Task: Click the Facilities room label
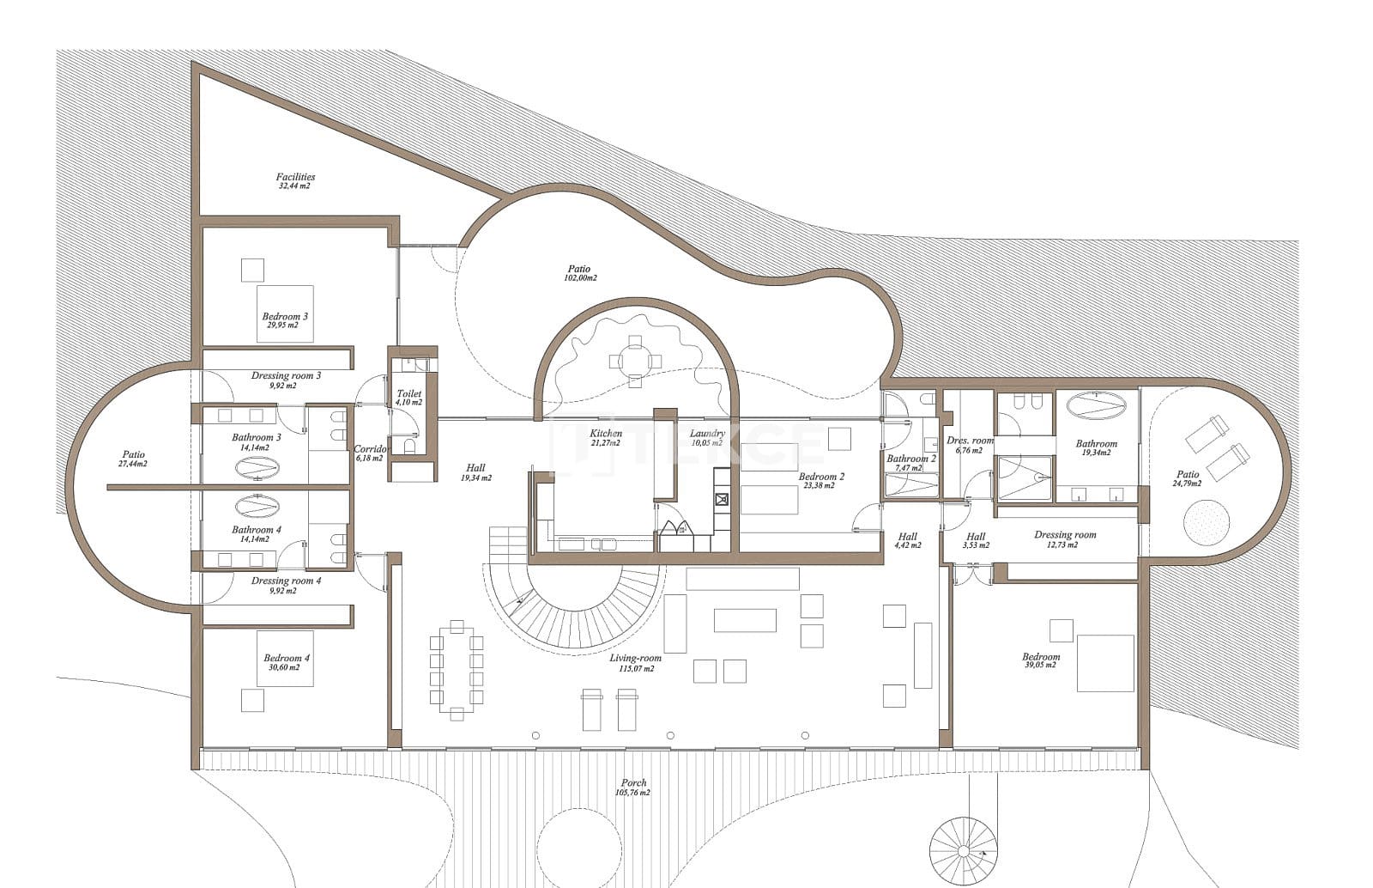pos(294,180)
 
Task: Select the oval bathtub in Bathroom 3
pos(256,467)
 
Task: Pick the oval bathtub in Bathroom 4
pos(256,507)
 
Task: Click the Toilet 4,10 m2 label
pos(408,397)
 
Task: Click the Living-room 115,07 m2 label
pos(635,662)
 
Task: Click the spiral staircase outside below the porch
pos(966,846)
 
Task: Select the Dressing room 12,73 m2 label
pos(1065,538)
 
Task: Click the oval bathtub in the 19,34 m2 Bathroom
pos(1097,404)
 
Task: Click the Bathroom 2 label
pos(910,463)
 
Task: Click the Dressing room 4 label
pos(286,585)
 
